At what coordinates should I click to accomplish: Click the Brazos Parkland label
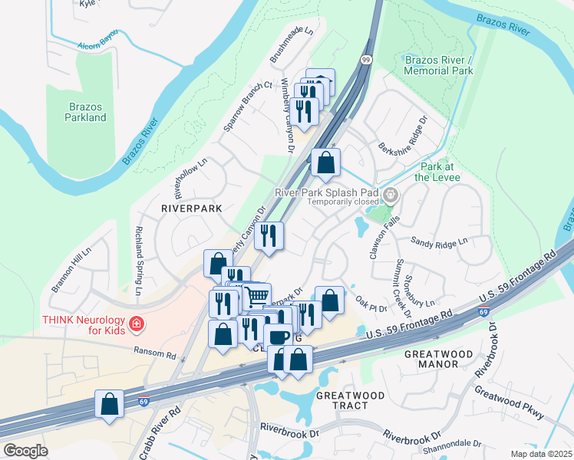(x=86, y=111)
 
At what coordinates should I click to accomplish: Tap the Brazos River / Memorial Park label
(x=438, y=65)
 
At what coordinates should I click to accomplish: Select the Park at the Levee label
(x=440, y=171)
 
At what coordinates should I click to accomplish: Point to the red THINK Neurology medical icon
(x=137, y=324)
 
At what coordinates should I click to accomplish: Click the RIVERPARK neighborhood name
(x=191, y=208)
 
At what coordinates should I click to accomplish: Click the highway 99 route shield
(x=367, y=60)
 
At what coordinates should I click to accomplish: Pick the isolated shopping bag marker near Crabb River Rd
(x=109, y=403)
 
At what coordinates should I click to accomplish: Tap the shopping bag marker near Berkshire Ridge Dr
(x=325, y=163)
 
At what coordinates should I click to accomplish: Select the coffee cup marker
(x=278, y=336)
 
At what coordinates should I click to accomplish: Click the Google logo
(x=25, y=451)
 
